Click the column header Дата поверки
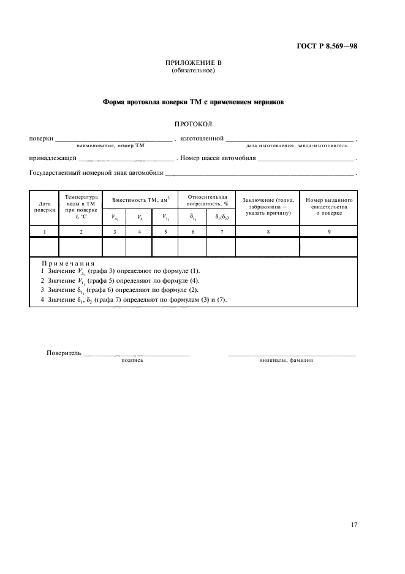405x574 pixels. click(x=44, y=207)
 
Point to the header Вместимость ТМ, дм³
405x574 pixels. click(x=140, y=201)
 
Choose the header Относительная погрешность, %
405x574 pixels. click(x=206, y=201)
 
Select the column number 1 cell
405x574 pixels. click(x=44, y=231)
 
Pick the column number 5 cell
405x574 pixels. click(x=165, y=231)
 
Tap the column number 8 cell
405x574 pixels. click(x=267, y=231)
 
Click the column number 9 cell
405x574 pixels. click(x=328, y=231)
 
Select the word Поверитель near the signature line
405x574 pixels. click(x=64, y=353)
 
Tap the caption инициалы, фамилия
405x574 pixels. click(x=286, y=361)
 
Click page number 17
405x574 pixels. click(x=354, y=524)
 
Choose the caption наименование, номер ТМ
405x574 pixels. click(x=110, y=145)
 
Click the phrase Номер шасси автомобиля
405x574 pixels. click(x=218, y=158)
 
